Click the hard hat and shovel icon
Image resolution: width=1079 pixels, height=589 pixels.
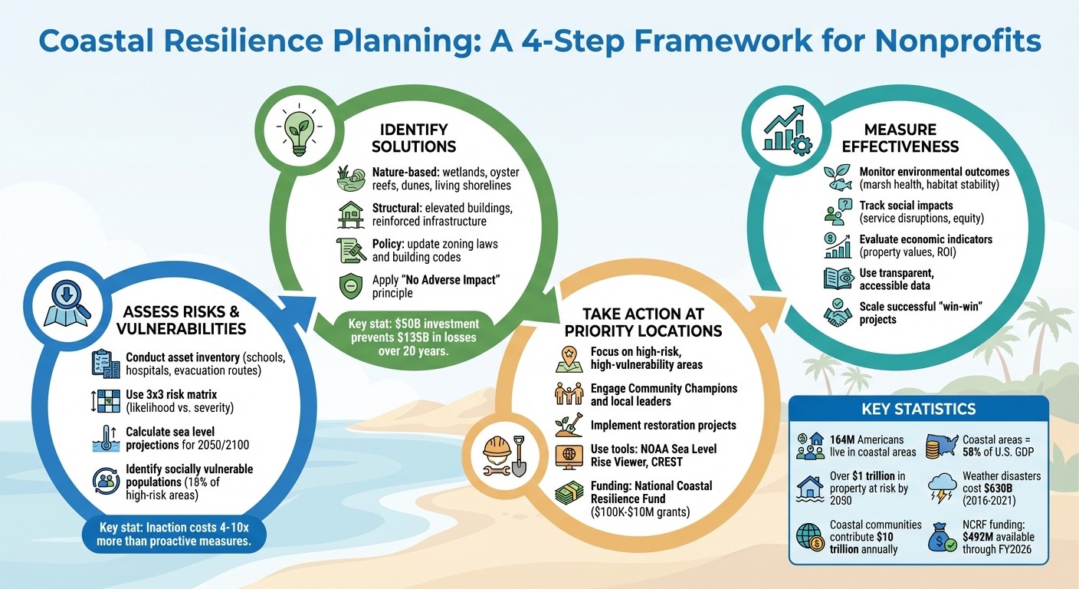pyautogui.click(x=508, y=457)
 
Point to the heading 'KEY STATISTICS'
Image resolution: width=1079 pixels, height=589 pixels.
pyautogui.click(x=918, y=408)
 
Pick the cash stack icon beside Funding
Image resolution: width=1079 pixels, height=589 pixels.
pyautogui.click(x=569, y=491)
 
